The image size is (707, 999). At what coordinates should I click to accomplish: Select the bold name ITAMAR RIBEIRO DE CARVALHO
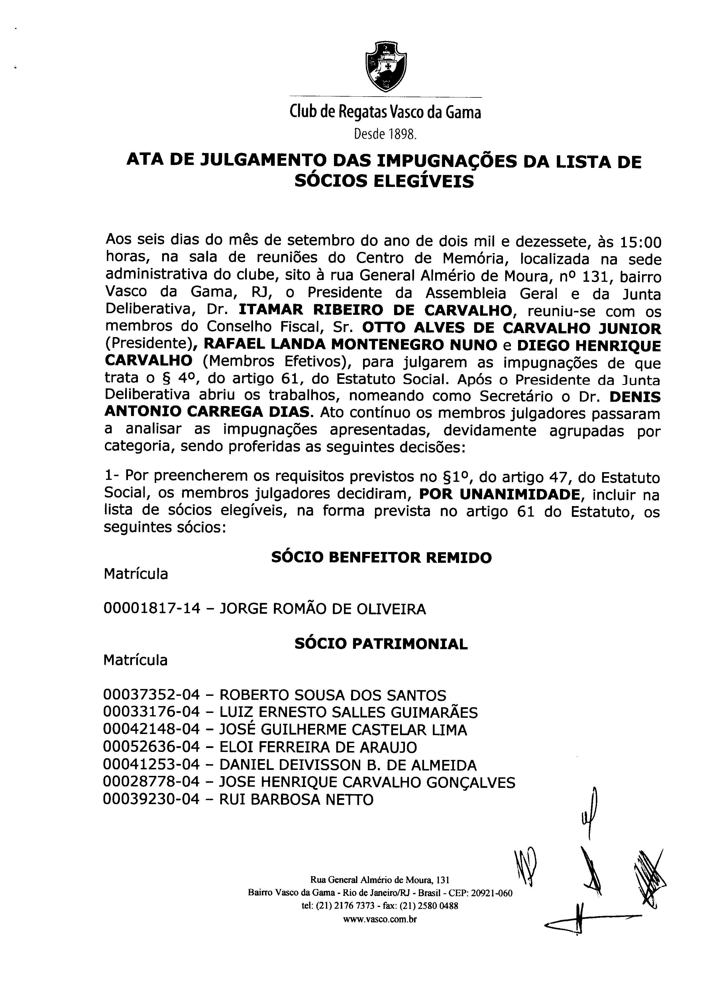[x=375, y=310]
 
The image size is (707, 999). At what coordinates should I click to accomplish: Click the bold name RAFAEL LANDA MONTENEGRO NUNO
[x=351, y=345]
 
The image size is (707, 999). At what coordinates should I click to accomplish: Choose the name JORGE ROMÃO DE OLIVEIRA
[x=322, y=609]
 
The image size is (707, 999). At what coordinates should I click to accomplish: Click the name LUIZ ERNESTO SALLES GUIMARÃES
[x=348, y=713]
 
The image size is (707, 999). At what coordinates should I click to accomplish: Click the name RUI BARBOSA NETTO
[x=296, y=800]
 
